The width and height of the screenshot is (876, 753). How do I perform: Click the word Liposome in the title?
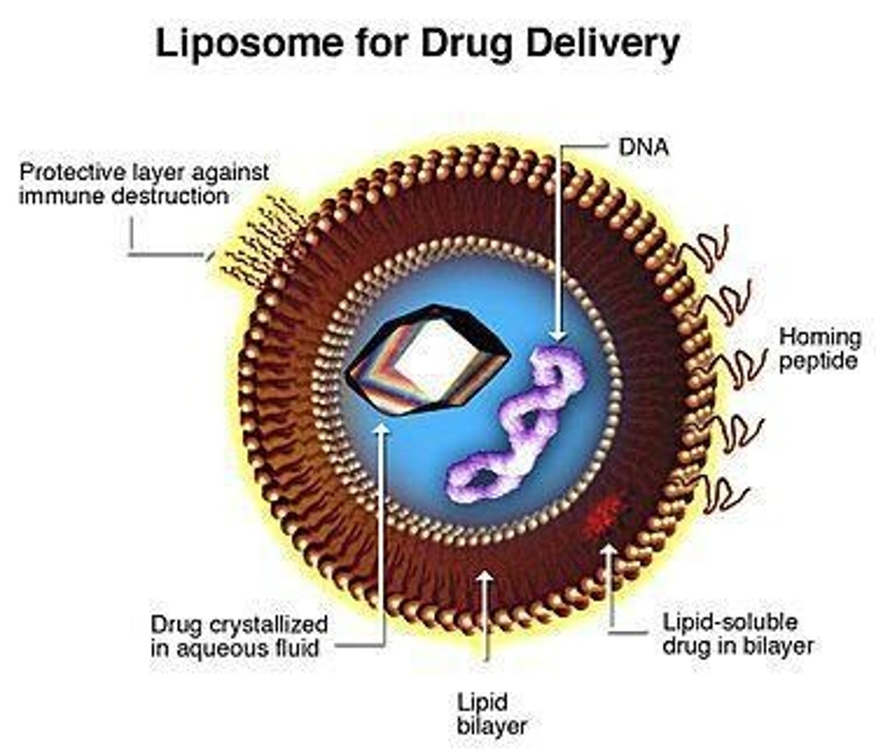pyautogui.click(x=250, y=44)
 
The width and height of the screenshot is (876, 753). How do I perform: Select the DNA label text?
pyautogui.click(x=643, y=147)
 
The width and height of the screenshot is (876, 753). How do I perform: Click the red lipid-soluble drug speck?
pyautogui.click(x=602, y=515)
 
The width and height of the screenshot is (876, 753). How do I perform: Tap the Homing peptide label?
pyautogui.click(x=819, y=349)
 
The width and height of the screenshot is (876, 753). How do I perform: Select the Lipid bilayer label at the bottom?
pyautogui.click(x=491, y=713)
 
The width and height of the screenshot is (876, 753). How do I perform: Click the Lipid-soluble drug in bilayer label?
pyautogui.click(x=737, y=634)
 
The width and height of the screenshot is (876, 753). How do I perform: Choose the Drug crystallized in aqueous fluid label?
pyautogui.click(x=239, y=636)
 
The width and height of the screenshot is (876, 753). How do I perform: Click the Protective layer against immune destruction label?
pyautogui.click(x=144, y=183)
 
